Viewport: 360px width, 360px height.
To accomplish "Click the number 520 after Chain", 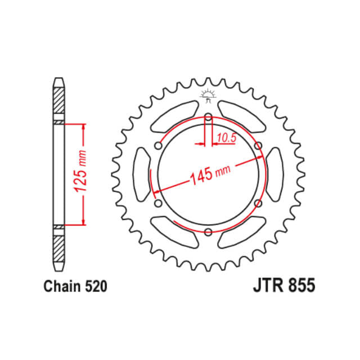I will pyautogui.click(x=94, y=286).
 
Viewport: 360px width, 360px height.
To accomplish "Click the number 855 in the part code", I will pyautogui.click(x=301, y=285).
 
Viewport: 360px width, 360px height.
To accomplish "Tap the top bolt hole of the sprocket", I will pyautogui.click(x=208, y=118).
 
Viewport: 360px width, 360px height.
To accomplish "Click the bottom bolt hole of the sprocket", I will pyautogui.click(x=208, y=232).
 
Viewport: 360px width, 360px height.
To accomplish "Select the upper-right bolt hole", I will pyautogui.click(x=258, y=146).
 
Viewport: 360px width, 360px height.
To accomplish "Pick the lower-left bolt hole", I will pyautogui.click(x=157, y=203).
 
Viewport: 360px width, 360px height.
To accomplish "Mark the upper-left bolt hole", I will pyautogui.click(x=157, y=146).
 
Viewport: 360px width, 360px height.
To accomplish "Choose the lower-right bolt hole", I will pyautogui.click(x=258, y=203).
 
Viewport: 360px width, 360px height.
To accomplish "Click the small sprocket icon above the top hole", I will pyautogui.click(x=208, y=97).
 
